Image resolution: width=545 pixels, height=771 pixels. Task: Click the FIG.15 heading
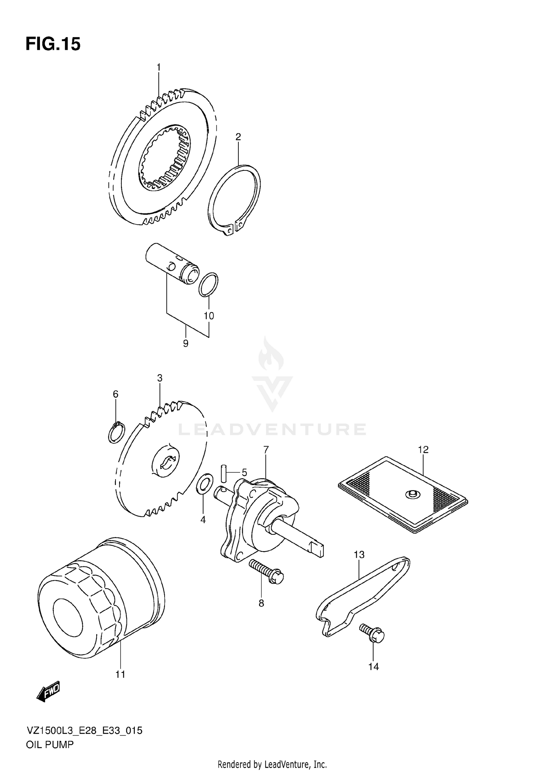pos(53,44)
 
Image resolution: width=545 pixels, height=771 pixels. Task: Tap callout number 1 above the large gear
pos(158,67)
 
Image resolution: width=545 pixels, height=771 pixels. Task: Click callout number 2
pos(238,137)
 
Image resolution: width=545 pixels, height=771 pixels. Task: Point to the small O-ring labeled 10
pos(209,284)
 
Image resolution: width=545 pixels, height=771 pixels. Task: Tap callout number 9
pos(186,343)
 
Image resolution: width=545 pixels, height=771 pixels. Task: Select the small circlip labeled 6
pos(117,433)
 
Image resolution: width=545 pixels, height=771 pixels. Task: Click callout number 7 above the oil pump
pos(266,450)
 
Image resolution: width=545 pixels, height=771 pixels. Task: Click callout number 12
pos(423,449)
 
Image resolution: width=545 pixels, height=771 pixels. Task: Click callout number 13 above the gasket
pos(359,554)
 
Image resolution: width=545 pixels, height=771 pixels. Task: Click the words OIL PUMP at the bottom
pos(50,745)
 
